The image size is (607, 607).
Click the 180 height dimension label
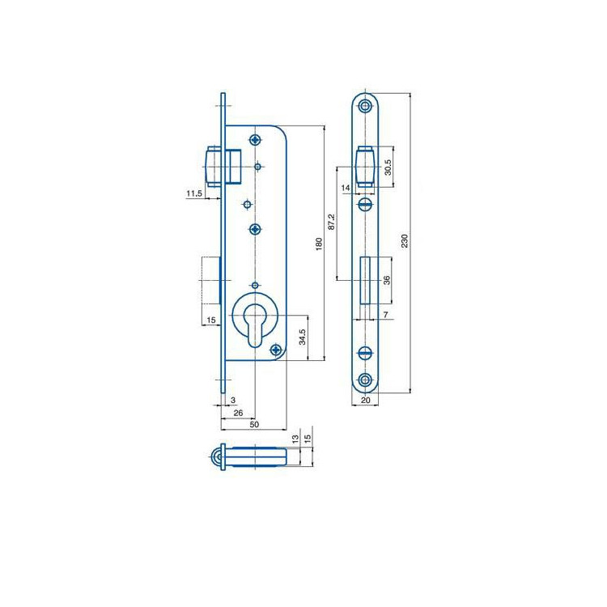(x=319, y=244)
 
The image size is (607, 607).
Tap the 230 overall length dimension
(x=405, y=241)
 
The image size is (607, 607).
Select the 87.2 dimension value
(x=332, y=222)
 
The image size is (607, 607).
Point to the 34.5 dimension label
(x=303, y=337)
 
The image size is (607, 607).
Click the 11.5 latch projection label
(x=194, y=193)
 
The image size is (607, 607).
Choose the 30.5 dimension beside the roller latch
(x=388, y=168)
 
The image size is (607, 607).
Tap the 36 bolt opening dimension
(x=387, y=280)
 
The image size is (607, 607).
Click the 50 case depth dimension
(x=254, y=424)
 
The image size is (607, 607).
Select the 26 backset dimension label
(x=238, y=413)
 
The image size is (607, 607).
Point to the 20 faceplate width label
(x=366, y=401)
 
